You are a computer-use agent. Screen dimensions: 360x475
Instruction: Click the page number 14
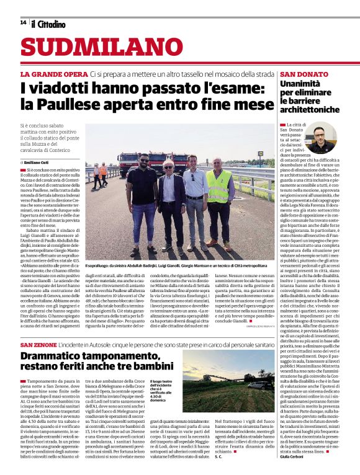pos(23,23)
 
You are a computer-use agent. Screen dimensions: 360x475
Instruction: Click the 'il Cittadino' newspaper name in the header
pos(48,24)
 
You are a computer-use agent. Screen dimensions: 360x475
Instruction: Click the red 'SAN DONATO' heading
pos(287,74)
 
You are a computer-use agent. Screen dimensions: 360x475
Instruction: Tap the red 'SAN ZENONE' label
pos(38,344)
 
